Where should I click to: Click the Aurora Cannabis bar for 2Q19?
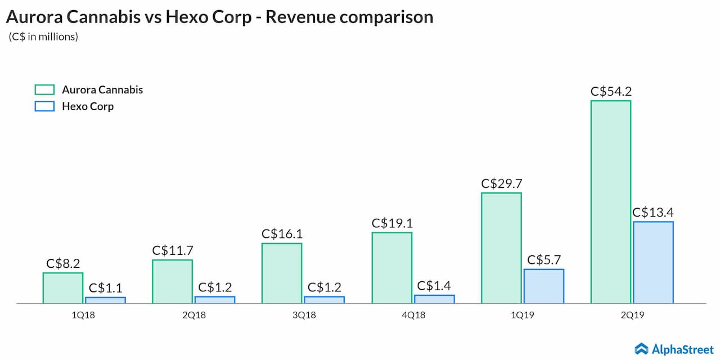(x=610, y=202)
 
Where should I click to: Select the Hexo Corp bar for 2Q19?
(x=653, y=262)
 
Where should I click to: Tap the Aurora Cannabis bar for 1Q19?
(x=501, y=248)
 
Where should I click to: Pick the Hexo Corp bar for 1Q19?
(x=544, y=286)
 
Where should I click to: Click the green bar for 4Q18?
(x=391, y=268)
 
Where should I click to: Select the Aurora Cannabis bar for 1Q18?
(x=63, y=288)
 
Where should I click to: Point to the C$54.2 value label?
(x=610, y=91)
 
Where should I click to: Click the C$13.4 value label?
(x=653, y=212)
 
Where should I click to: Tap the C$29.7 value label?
(x=501, y=183)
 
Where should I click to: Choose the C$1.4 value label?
(x=434, y=286)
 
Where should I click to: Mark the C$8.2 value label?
(x=63, y=263)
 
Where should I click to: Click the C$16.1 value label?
(x=282, y=233)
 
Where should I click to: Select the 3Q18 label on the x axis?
(x=304, y=316)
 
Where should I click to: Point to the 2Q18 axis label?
(x=194, y=316)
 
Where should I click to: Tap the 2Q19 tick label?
(x=632, y=316)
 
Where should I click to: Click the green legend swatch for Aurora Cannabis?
(x=44, y=90)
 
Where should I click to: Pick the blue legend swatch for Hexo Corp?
(x=44, y=106)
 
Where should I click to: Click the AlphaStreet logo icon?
(x=641, y=349)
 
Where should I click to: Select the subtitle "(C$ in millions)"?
(x=43, y=37)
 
